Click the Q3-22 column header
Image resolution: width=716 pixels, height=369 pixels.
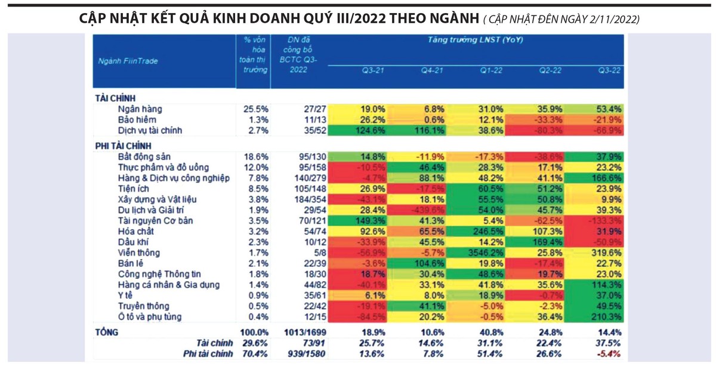coord(609,70)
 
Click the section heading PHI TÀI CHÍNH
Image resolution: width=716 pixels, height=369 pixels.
coord(124,145)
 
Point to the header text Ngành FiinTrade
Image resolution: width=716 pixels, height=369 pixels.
coord(128,60)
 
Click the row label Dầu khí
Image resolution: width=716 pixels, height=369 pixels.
coord(133,241)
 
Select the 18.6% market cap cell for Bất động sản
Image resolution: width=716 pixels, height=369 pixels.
coord(257,157)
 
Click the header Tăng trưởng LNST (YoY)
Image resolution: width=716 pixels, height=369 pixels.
coord(475,40)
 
